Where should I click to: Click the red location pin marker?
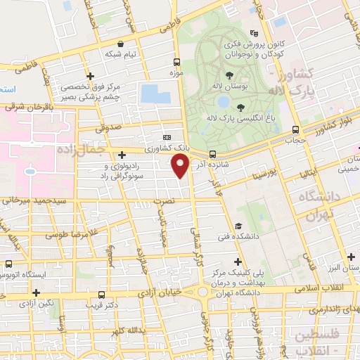(x=181, y=166)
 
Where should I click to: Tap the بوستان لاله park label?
(x=230, y=86)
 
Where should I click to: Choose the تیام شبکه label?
(x=120, y=53)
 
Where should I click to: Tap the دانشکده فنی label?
(x=238, y=237)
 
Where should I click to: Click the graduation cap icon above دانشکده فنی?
(x=238, y=226)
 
